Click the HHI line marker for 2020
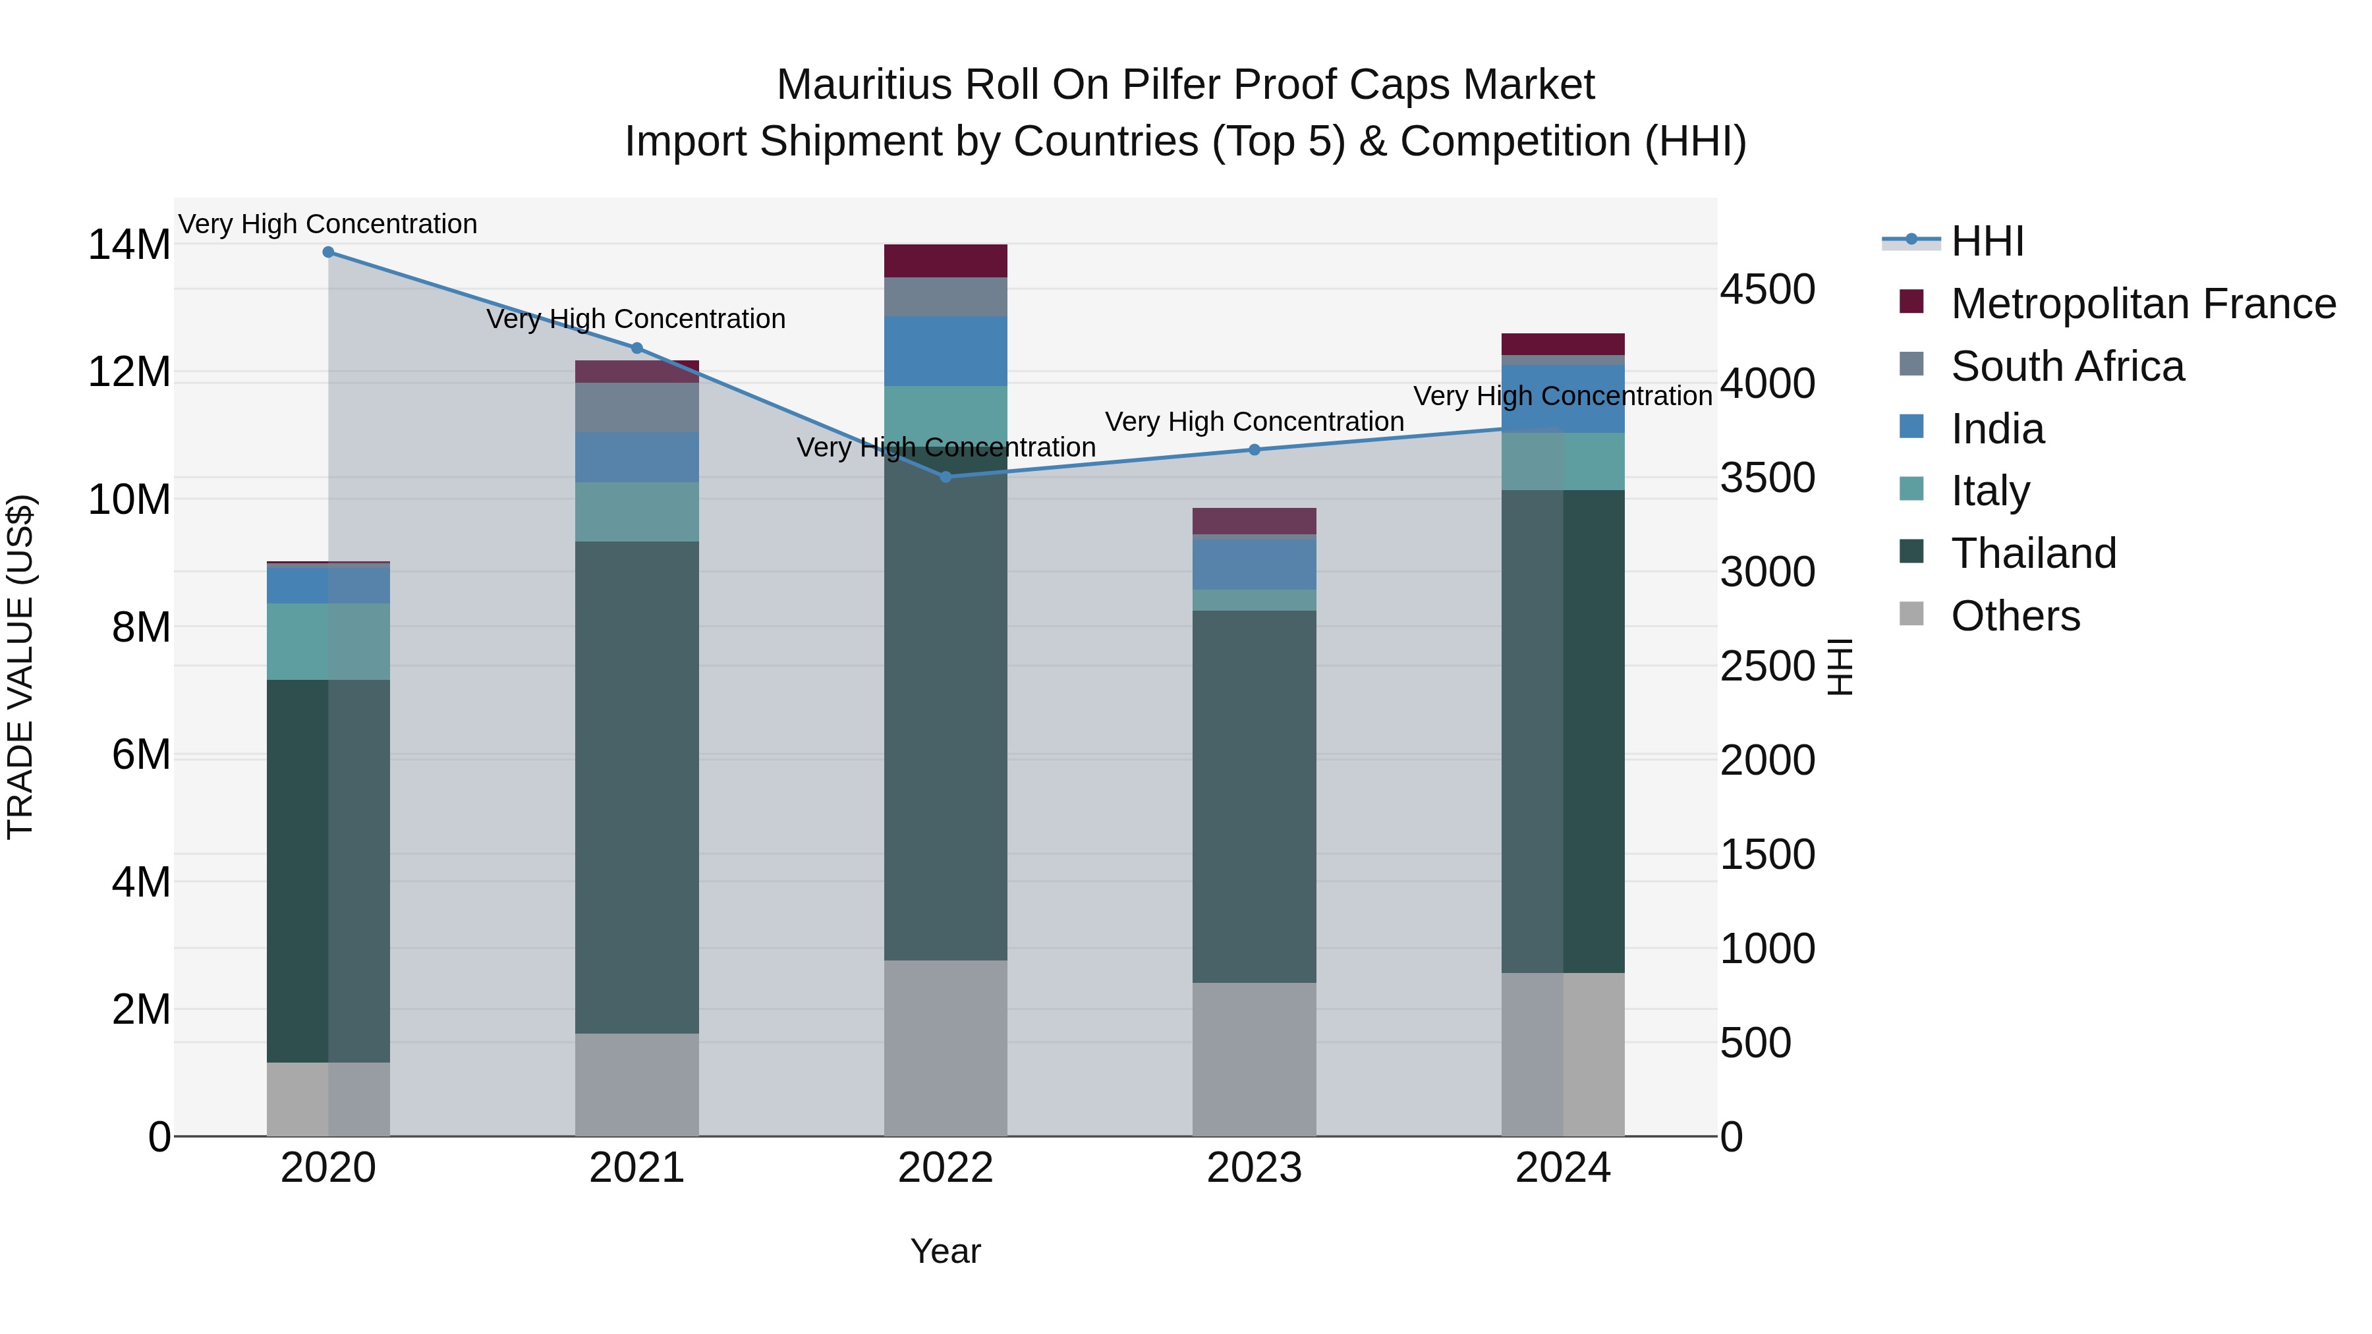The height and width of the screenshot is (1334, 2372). coord(328,252)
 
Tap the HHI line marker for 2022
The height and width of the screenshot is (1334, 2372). coord(946,477)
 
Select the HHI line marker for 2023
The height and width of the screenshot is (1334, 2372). coord(1254,450)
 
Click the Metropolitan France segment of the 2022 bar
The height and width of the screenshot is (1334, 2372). coord(946,260)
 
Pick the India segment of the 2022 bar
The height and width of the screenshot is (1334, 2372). coord(946,350)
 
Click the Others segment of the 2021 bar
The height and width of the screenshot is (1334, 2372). coord(636,1084)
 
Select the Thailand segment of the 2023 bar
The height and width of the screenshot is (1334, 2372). coord(1254,796)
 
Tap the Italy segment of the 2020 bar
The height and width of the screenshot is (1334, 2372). coord(328,642)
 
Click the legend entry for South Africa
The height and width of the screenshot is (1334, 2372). coord(2067,366)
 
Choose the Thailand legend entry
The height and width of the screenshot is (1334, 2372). coord(2033,553)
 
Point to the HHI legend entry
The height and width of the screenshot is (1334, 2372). coord(1987,241)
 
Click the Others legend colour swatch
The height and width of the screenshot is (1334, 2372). coord(1911,614)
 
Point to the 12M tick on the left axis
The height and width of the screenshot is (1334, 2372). coord(129,372)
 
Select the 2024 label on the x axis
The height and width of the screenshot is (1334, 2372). coord(1563,1168)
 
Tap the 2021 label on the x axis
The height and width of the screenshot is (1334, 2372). coord(636,1168)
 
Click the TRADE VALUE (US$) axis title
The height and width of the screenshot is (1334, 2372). coord(20,667)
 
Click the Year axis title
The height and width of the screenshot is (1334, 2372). coord(946,1251)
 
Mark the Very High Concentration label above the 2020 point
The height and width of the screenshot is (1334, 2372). coord(328,224)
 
